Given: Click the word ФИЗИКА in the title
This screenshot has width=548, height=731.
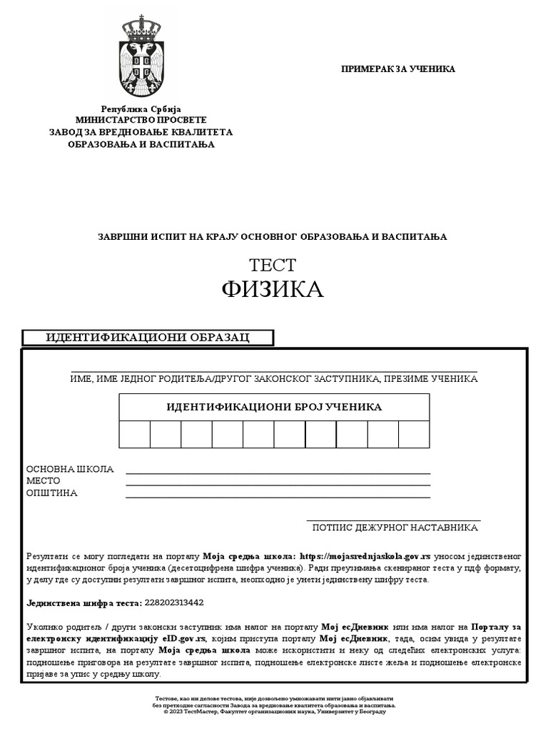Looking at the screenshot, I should click(273, 289).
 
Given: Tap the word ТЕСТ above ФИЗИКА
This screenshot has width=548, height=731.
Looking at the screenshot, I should click(273, 265).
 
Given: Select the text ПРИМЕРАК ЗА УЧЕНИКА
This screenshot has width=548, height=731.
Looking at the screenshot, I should click(398, 69).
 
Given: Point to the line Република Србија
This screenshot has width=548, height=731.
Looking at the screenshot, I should click(141, 109).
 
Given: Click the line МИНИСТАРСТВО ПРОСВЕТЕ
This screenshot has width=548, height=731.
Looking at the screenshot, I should click(141, 121).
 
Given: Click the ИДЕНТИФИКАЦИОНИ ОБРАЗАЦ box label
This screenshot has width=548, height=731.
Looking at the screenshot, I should click(148, 338).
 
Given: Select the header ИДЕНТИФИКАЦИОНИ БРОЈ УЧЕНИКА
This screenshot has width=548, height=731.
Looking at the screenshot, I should click(274, 408).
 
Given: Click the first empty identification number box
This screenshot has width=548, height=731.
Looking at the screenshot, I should click(135, 434).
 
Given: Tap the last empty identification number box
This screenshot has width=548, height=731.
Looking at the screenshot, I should click(414, 434).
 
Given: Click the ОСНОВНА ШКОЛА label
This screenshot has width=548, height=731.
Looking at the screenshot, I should click(70, 469).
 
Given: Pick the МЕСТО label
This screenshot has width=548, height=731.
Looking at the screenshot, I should click(44, 481).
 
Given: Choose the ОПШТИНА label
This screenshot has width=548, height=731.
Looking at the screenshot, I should click(51, 493).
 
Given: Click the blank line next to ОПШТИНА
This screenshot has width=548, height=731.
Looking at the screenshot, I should click(278, 496).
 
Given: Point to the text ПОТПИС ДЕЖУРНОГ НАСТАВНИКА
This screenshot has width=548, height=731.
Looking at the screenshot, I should click(395, 528).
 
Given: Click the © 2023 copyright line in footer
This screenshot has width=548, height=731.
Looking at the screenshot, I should click(274, 711).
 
